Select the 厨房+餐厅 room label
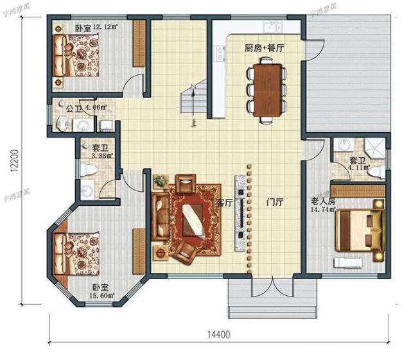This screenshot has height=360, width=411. tap(265, 48)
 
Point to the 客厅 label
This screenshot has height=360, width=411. tap(223, 203)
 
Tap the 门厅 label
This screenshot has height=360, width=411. tap(275, 203)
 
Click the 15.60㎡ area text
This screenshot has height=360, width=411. tap(101, 296)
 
